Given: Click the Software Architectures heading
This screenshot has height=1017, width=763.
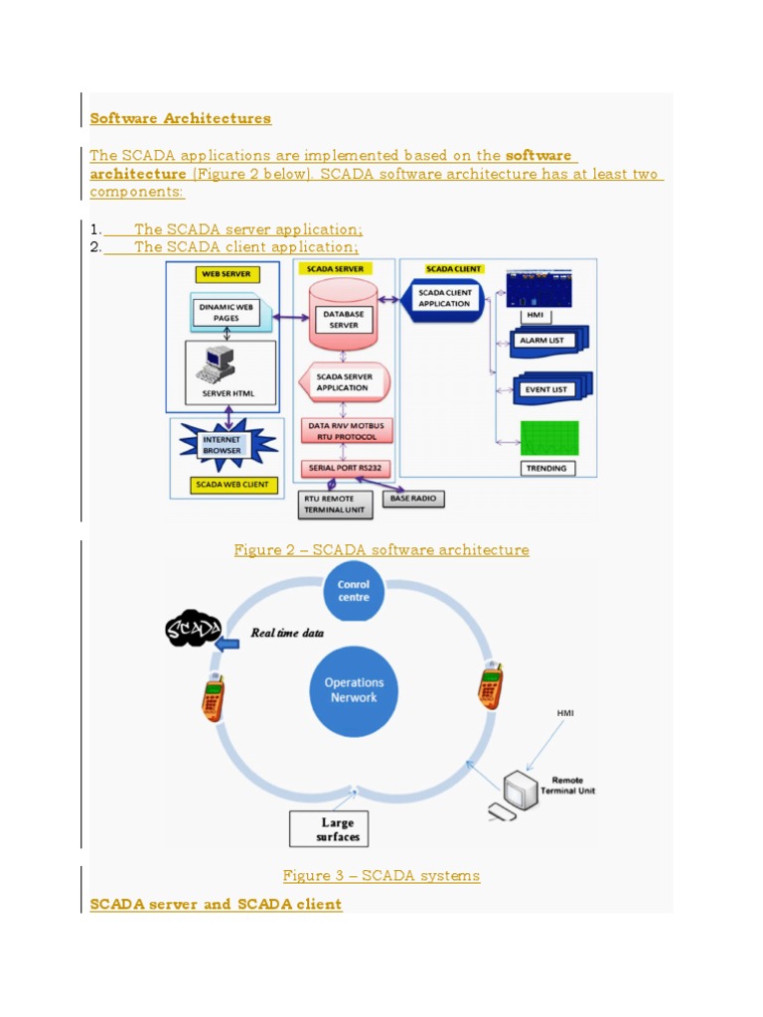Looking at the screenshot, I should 180,118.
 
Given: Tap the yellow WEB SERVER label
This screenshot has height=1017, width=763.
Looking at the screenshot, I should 227,273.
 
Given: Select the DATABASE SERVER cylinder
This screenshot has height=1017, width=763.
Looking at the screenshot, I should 343,317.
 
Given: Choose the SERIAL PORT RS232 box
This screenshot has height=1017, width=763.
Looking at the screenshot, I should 343,468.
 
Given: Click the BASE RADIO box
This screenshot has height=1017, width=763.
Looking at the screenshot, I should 412,497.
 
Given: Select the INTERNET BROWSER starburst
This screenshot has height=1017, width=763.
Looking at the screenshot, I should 228,444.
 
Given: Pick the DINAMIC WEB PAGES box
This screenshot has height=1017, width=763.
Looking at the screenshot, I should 228,313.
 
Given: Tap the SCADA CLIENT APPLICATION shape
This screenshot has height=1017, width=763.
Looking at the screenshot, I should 444,298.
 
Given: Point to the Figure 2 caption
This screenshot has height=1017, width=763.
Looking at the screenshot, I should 381,550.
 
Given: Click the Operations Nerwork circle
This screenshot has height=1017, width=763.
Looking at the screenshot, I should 354,690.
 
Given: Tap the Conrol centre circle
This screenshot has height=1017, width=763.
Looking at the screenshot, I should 354,591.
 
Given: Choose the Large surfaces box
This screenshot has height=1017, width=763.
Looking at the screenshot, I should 329,829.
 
